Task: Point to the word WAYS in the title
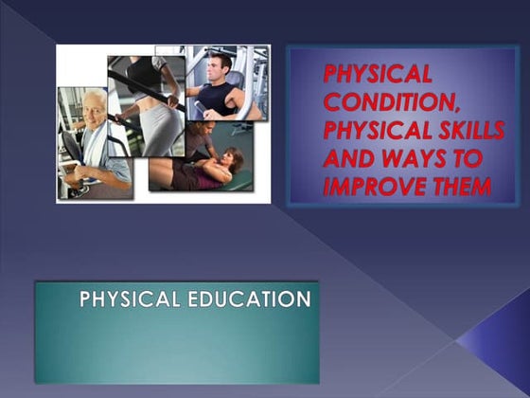point(406,157)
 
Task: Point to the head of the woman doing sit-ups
point(231,157)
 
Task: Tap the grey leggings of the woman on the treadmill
point(161,128)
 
